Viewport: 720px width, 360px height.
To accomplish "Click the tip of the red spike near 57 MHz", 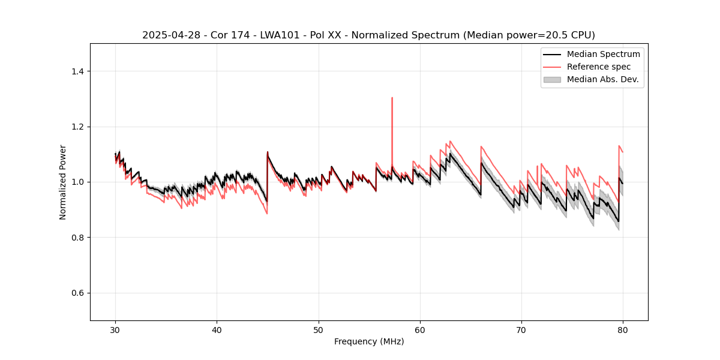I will click(x=392, y=97).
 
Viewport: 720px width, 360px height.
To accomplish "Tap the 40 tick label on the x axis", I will click(x=217, y=330).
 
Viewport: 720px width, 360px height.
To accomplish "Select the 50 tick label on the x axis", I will click(x=319, y=330).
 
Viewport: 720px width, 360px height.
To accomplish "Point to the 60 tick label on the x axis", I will click(x=420, y=330).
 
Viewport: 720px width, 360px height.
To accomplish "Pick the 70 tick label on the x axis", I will click(x=521, y=330).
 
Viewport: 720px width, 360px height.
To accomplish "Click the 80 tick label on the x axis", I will click(x=623, y=330).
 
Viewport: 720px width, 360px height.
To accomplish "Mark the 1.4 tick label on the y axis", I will click(x=78, y=71).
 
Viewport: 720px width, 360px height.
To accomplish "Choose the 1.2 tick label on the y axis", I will click(x=78, y=127).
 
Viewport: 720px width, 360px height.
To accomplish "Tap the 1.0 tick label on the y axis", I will click(x=78, y=182).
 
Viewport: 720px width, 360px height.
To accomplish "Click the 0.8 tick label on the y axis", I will click(x=78, y=238).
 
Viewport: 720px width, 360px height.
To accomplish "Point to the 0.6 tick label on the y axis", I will click(x=78, y=293).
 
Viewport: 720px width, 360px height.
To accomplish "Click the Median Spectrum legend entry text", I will click(x=603, y=54).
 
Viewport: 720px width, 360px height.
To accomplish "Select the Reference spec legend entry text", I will click(x=599, y=67).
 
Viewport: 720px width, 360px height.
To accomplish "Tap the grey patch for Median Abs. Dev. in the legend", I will click(x=552, y=79).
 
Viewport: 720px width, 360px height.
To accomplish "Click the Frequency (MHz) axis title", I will click(x=369, y=341).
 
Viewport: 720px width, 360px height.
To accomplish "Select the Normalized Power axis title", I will click(x=63, y=182).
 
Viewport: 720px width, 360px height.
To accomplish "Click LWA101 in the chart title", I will click(x=279, y=35).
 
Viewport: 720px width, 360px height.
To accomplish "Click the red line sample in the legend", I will click(x=552, y=67).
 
